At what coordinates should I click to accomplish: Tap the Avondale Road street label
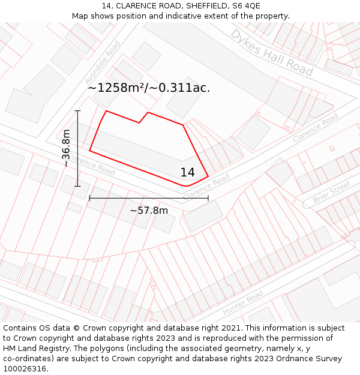pyautogui.click(x=103, y=62)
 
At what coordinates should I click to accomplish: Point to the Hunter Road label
pyautogui.click(x=243, y=303)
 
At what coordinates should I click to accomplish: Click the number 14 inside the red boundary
pyautogui.click(x=187, y=172)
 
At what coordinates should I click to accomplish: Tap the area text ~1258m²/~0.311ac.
pyautogui.click(x=149, y=88)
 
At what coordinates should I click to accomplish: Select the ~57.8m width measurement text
pyautogui.click(x=149, y=210)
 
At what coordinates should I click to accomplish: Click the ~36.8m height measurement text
pyautogui.click(x=66, y=148)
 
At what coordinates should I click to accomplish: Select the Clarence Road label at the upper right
pyautogui.click(x=316, y=128)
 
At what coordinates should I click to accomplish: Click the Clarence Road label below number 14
pyautogui.click(x=206, y=187)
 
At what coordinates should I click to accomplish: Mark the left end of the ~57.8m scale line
pyautogui.click(x=89, y=198)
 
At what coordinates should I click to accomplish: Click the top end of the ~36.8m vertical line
pyautogui.click(x=77, y=111)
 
